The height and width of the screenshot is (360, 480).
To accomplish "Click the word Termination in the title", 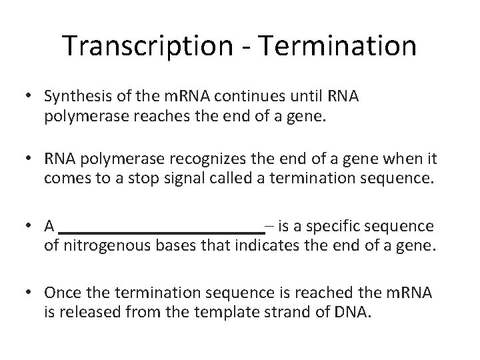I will tap(339, 46).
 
